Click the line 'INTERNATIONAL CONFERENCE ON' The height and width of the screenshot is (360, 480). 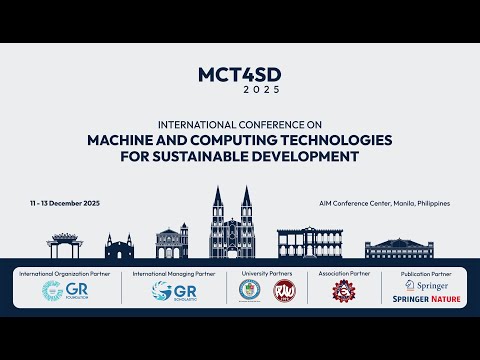240,124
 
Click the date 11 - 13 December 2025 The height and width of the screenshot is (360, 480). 65,203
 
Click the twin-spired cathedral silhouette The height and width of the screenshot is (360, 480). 231,223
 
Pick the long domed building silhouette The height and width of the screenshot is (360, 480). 399,248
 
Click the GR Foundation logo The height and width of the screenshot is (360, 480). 64,291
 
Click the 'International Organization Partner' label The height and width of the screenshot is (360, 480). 64,273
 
